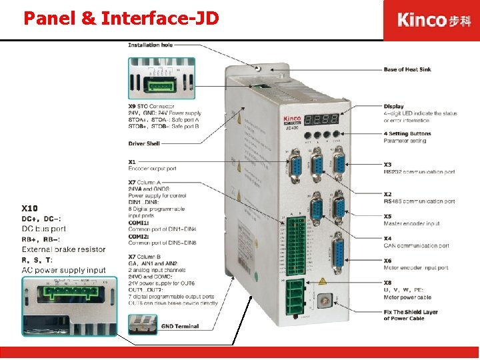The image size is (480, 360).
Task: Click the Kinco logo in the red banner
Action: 431,19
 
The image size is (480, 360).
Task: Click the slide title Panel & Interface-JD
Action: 121,18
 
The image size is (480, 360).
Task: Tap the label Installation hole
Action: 150,45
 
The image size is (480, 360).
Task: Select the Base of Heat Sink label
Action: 407,69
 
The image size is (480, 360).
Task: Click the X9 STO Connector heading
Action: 151,107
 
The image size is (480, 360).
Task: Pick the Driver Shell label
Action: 144,143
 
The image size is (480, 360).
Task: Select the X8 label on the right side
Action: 387,283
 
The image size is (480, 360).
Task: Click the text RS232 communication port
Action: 419,172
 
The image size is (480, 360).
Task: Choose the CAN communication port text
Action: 416,245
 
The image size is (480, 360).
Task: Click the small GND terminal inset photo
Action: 142,325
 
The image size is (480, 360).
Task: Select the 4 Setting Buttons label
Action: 407,133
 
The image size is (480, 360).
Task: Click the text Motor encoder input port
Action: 415,268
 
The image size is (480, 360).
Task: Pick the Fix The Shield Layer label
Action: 411,312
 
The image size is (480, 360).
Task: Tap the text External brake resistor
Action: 63,249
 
